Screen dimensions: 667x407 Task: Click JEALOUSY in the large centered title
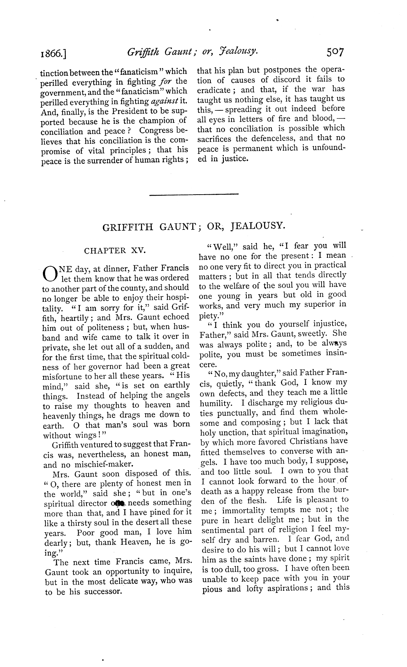point(256,226)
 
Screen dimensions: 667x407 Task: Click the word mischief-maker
point(96,464)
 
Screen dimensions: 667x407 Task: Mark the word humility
point(215,403)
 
